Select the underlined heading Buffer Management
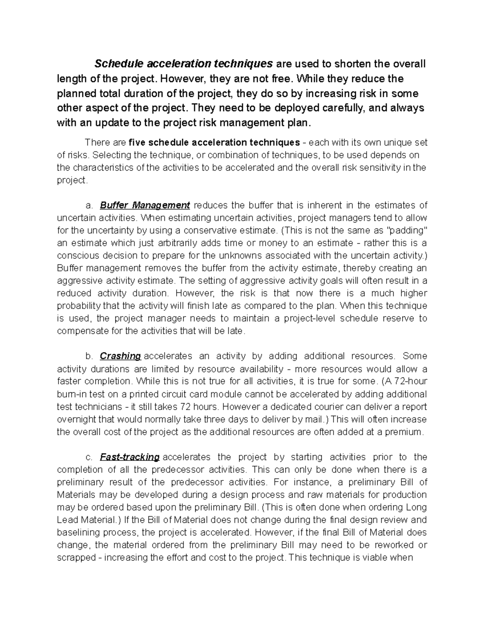[145, 205]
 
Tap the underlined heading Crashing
[120, 356]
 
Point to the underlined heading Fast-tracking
[130, 457]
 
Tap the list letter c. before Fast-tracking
[89, 457]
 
